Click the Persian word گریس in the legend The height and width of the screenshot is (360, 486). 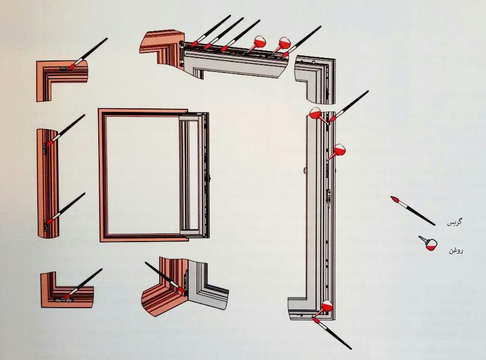pyautogui.click(x=454, y=222)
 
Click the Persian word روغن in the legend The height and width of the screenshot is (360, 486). pyautogui.click(x=456, y=250)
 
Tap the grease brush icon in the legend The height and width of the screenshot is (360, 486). pyautogui.click(x=413, y=211)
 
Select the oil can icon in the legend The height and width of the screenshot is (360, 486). pyautogui.click(x=428, y=243)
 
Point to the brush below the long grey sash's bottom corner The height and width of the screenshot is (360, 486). pyautogui.click(x=332, y=333)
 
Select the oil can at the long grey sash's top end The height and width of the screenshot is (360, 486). pyautogui.click(x=319, y=115)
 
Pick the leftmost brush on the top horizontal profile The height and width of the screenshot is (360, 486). pyautogui.click(x=211, y=31)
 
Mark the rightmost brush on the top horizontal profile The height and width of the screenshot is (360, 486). pyautogui.click(x=301, y=42)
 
